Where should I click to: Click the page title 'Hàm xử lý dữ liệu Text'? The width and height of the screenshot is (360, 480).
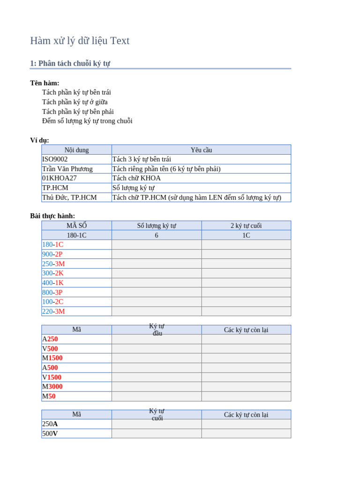click(80, 41)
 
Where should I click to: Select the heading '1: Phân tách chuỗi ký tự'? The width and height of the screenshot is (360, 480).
click(70, 63)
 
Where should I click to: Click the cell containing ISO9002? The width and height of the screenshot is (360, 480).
click(55, 159)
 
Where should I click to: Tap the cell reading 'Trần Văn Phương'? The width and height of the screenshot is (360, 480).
click(67, 169)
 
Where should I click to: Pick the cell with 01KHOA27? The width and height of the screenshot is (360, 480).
click(59, 178)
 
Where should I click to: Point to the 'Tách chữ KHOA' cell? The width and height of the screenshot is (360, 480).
click(136, 178)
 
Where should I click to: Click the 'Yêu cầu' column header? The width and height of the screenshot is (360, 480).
click(201, 150)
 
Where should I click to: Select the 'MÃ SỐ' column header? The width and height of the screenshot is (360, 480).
click(76, 225)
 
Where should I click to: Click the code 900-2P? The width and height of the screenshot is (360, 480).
click(52, 254)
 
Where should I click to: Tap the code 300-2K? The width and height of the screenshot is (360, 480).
click(52, 273)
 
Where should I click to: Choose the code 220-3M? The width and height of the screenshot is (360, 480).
click(53, 311)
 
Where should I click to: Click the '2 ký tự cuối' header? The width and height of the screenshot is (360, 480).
click(246, 225)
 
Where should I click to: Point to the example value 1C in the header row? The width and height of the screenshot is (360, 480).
click(246, 235)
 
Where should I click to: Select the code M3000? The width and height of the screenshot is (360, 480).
click(52, 387)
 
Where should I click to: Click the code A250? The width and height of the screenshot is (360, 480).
click(50, 339)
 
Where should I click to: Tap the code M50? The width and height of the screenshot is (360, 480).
click(49, 396)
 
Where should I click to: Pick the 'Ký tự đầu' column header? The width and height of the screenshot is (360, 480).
click(157, 330)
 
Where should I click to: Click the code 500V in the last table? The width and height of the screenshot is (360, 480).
click(50, 434)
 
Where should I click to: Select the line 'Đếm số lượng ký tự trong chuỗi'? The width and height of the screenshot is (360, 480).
click(87, 121)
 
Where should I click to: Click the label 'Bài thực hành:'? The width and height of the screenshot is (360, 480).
click(52, 216)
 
